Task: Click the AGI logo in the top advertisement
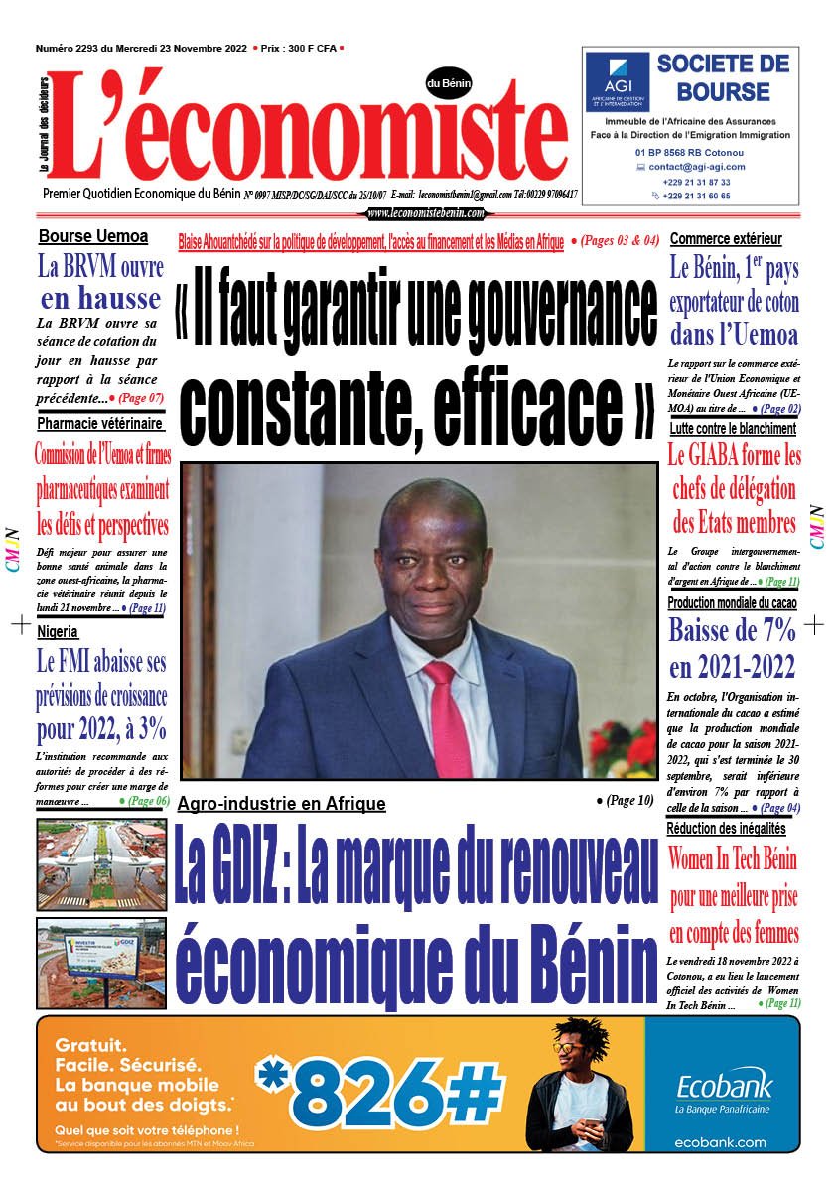point(617,83)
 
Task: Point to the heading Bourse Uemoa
point(93,237)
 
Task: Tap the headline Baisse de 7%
point(732,630)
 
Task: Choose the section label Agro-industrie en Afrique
point(281,804)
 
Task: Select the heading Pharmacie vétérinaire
point(100,424)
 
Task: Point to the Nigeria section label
point(58,631)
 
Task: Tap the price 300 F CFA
point(299,48)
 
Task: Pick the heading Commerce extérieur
point(726,239)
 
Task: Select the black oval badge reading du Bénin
point(449,84)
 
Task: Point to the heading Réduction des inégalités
point(726,829)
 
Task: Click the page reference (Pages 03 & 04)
point(617,241)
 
